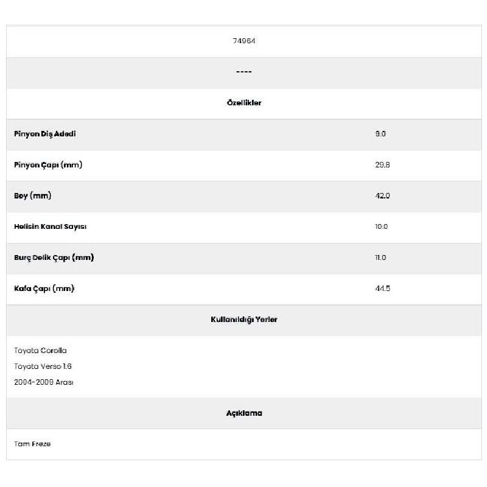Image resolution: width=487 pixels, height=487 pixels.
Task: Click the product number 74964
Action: tap(243, 41)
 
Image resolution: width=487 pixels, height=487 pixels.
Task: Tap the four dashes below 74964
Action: tap(243, 72)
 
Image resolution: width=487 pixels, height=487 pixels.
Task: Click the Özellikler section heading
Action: tap(243, 103)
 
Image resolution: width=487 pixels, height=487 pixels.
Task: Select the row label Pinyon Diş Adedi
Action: tap(45, 134)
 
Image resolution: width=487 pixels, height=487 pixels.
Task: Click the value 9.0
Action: tap(380, 134)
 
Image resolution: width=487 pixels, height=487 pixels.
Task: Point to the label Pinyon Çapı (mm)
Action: tap(48, 165)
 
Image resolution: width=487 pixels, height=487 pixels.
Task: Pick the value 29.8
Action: tap(382, 165)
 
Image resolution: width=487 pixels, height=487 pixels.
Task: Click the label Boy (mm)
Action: tap(33, 196)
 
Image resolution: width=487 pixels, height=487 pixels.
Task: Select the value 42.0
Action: tap(382, 196)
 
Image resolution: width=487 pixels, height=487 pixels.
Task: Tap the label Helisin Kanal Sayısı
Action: tap(51, 226)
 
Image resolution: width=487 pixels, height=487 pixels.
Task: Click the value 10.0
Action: tap(382, 226)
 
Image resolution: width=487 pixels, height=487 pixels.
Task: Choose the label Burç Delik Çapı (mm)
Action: tap(54, 258)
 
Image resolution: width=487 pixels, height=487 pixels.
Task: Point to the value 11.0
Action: tap(380, 258)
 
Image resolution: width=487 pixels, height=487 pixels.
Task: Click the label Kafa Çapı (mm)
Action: tap(44, 289)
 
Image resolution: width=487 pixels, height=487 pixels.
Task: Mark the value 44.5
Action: tap(382, 289)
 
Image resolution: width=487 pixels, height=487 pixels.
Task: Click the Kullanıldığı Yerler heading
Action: tap(243, 320)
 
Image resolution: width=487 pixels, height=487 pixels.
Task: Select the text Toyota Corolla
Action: tap(41, 351)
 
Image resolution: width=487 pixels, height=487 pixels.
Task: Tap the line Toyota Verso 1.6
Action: tap(43, 366)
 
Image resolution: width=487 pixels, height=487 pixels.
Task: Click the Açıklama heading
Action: tap(243, 413)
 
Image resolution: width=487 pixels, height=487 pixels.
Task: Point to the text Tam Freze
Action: tap(33, 444)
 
